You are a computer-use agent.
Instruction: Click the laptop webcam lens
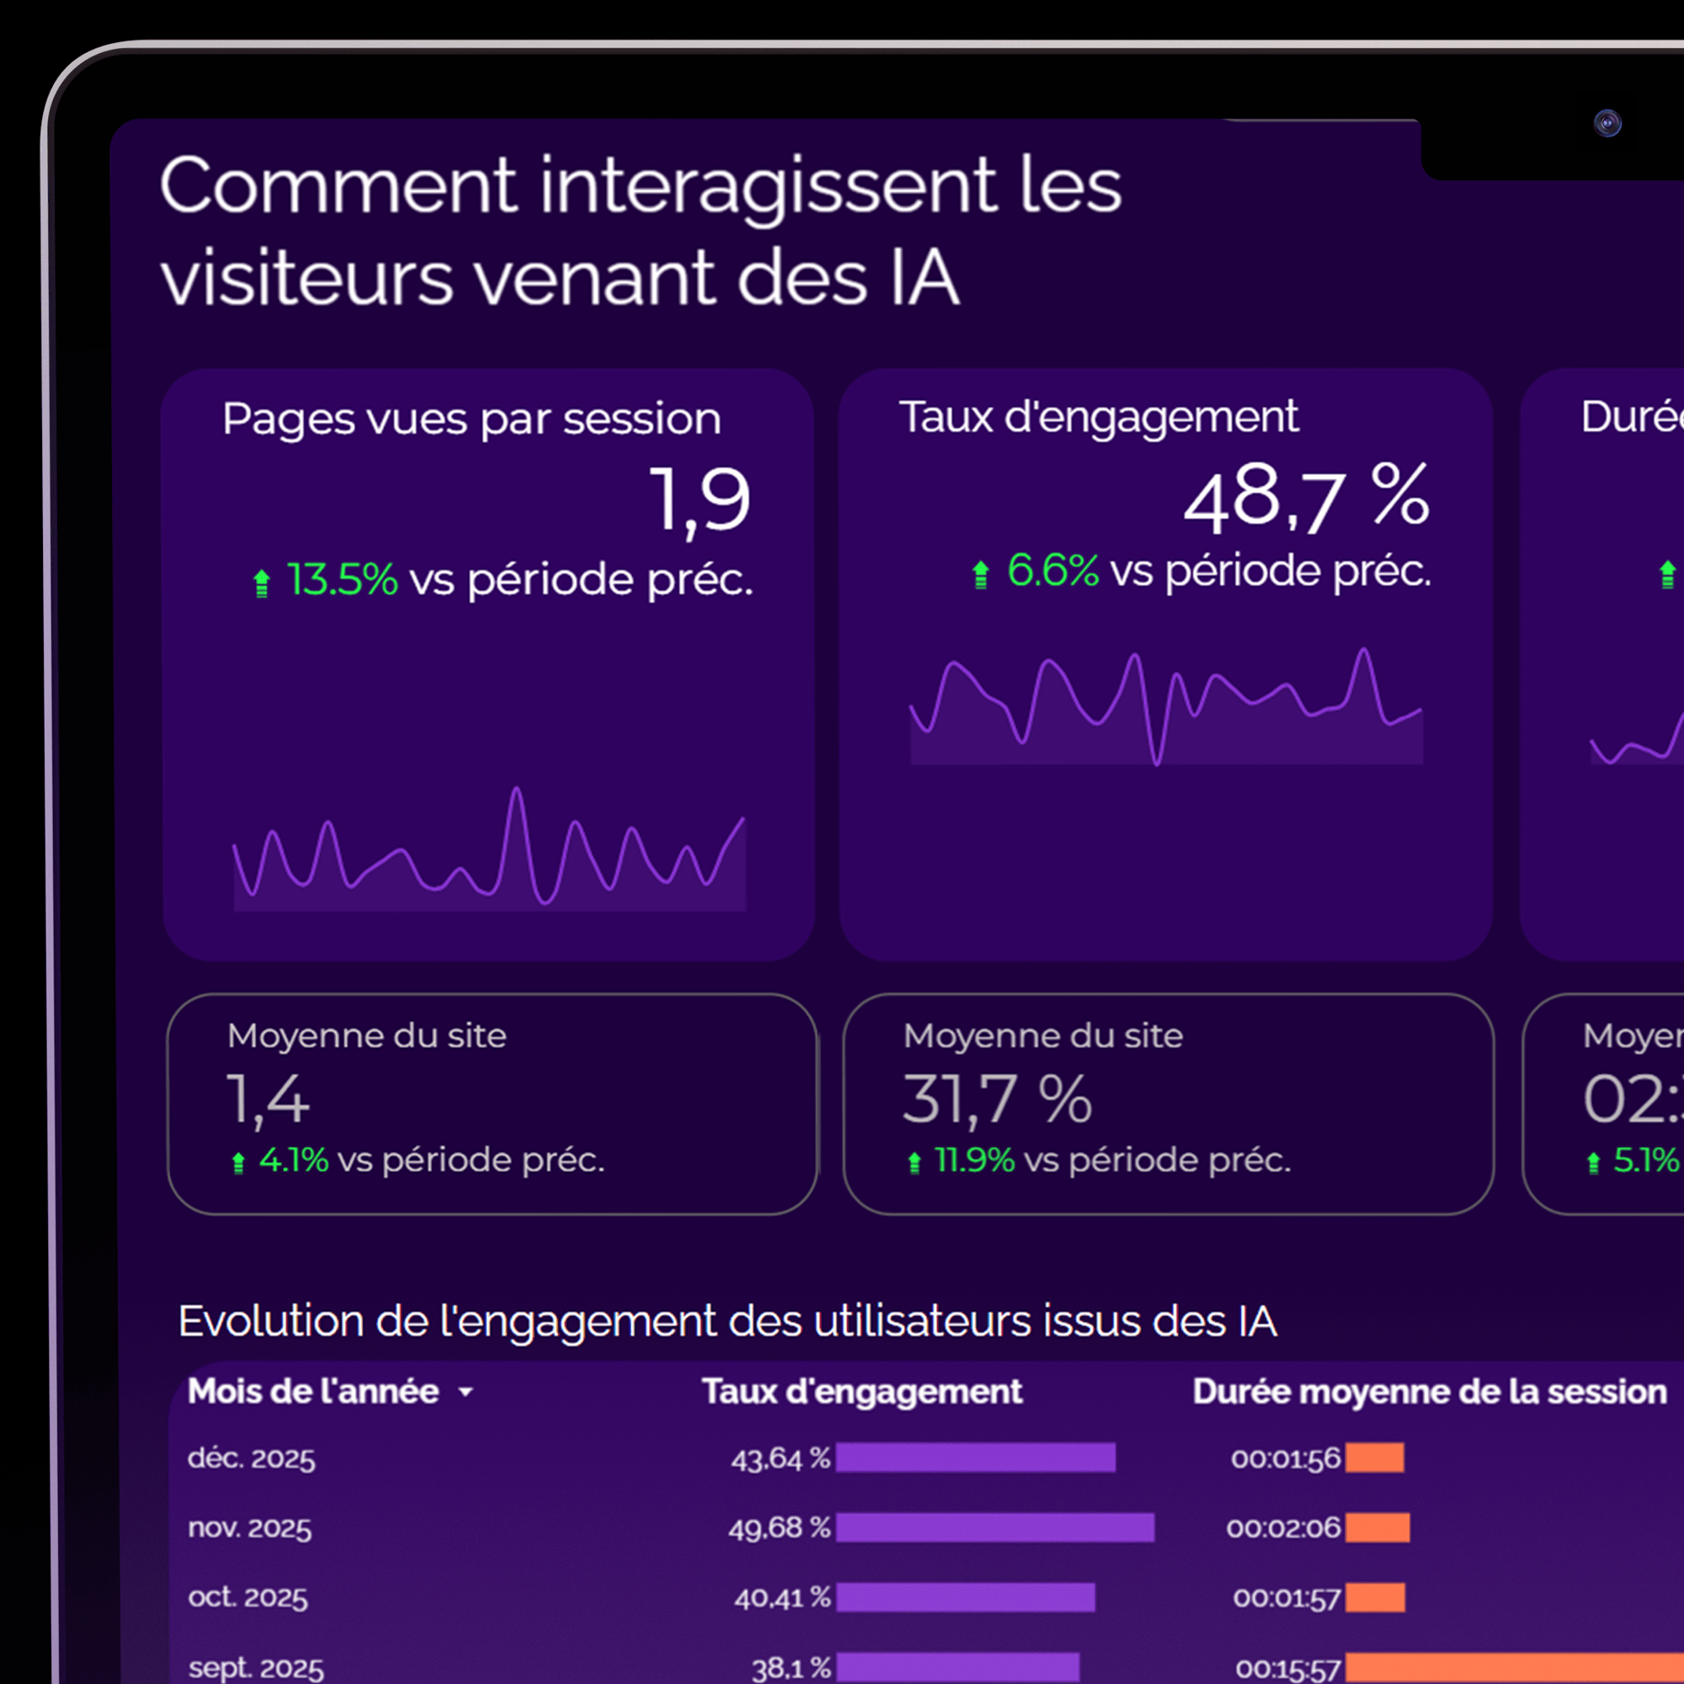1607,123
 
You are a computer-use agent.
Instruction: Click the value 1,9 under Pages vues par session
700,499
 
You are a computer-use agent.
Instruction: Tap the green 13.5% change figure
342,579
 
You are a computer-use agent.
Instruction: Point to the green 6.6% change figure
1052,571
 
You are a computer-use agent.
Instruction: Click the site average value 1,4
268,1099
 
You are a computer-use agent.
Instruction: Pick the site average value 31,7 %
996,1099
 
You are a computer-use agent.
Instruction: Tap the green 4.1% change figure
294,1160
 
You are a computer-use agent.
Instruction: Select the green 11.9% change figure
973,1160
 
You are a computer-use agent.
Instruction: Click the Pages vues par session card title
472,419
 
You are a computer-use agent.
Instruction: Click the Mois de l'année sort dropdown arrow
466,1392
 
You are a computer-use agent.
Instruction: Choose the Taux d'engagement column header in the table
862,1392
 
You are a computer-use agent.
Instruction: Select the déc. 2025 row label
251,1458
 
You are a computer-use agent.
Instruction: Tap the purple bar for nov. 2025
994,1527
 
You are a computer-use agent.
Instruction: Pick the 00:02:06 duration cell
1283,1527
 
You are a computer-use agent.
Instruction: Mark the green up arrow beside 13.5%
262,583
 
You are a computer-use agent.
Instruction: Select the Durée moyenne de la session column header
1430,1392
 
